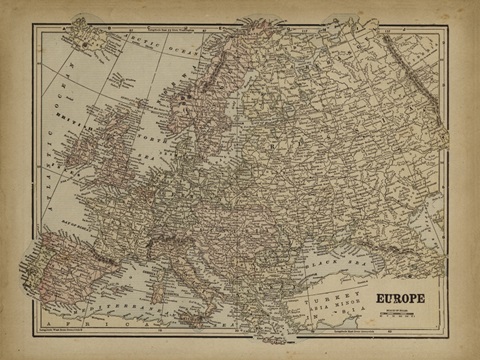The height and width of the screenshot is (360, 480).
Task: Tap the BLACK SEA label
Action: pyautogui.click(x=350, y=262)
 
